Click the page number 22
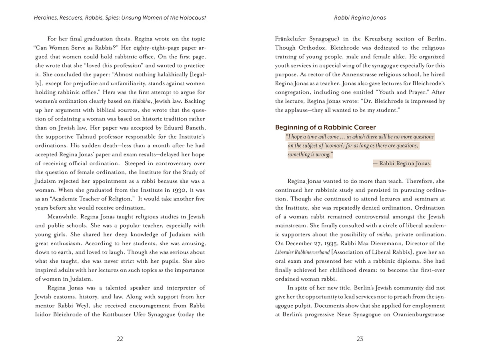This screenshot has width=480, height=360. point(120,339)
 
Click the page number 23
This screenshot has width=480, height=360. point(360,339)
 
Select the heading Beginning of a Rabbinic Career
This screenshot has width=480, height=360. point(325,128)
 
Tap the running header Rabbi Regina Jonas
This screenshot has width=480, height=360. point(360,18)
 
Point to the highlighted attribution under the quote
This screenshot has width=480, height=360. point(402,163)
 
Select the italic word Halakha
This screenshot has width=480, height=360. point(142,101)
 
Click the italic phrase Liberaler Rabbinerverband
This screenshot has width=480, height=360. point(302,252)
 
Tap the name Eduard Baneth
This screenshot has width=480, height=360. point(186,128)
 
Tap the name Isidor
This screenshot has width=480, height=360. point(44,314)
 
